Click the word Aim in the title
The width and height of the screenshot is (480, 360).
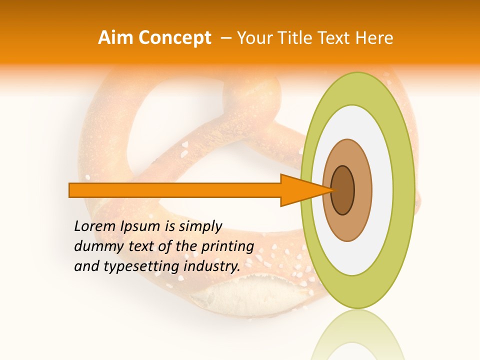click(x=116, y=38)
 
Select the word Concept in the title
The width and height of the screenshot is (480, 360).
click(x=175, y=38)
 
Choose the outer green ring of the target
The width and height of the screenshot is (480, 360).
click(x=404, y=190)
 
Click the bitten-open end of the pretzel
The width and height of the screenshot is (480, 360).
click(x=235, y=295)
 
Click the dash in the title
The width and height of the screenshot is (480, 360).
click(x=225, y=38)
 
